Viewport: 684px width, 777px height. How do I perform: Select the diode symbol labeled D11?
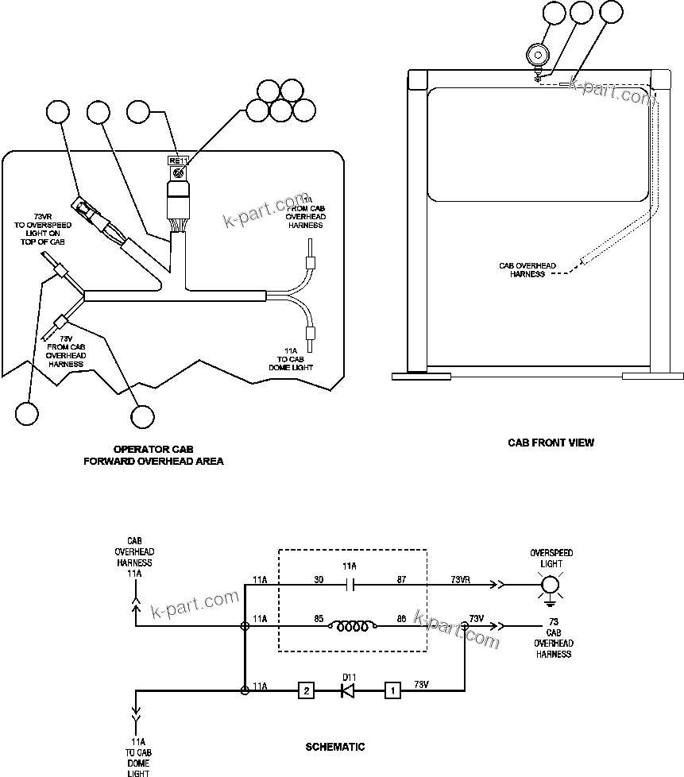click(x=347, y=690)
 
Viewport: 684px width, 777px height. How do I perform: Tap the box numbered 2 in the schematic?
click(x=306, y=690)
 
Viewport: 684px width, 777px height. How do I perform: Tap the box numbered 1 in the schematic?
click(x=392, y=690)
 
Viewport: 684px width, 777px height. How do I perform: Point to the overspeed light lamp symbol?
click(x=551, y=586)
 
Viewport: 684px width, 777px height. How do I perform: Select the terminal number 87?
click(x=401, y=580)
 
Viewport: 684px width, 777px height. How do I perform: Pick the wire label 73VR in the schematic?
click(x=461, y=580)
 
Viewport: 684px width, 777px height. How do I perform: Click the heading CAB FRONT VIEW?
click(x=551, y=443)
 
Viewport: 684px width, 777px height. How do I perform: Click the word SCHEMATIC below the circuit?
click(x=335, y=747)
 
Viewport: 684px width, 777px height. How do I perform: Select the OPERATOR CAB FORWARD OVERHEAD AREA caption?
click(x=153, y=454)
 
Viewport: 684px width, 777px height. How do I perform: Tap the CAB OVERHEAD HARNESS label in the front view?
click(x=527, y=270)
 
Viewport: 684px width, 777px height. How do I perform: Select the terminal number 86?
click(x=401, y=617)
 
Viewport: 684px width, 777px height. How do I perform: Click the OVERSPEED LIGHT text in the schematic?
click(x=551, y=557)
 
